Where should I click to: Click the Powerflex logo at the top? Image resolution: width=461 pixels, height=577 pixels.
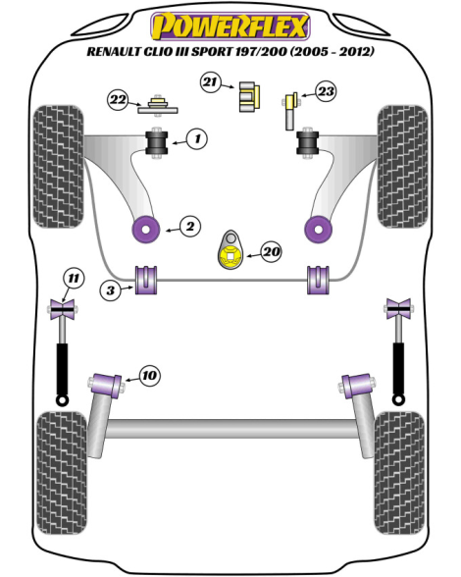230,26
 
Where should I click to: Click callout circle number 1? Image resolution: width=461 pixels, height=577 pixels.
197,138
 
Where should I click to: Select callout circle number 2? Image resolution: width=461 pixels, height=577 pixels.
190,226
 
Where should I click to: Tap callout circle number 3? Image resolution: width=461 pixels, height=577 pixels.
111,290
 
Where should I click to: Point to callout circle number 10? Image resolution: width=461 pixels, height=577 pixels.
150,376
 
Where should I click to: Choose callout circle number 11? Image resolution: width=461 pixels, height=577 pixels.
74,279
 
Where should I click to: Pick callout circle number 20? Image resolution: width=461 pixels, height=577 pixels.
272,251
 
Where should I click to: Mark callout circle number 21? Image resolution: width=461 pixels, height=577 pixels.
211,81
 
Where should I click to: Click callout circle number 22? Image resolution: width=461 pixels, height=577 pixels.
118,99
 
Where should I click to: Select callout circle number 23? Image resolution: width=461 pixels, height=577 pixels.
326,91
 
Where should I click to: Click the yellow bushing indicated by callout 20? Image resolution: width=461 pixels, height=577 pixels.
230,257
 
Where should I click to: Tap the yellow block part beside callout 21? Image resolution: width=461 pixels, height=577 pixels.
249,96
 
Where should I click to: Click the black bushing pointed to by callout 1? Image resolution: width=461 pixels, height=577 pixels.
157,143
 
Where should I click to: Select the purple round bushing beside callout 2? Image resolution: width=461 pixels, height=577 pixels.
146,230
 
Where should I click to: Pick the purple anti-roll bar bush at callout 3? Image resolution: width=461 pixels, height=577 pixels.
146,280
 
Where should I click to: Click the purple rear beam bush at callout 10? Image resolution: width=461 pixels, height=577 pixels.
107,385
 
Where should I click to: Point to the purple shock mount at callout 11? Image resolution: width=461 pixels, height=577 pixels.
62,309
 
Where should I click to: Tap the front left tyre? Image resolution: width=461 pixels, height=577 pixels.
58,167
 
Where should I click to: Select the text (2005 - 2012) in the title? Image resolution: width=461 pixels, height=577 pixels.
332,51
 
